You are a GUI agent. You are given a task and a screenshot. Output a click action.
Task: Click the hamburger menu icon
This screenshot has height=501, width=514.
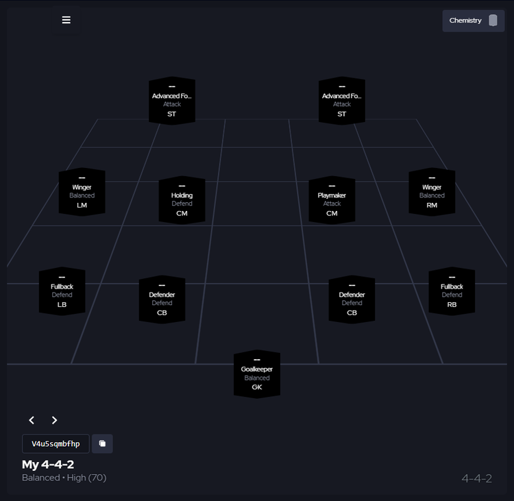click(66, 20)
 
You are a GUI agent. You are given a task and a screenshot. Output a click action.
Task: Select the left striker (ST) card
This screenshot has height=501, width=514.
click(172, 101)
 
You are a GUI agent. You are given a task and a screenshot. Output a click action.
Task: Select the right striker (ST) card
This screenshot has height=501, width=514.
click(342, 101)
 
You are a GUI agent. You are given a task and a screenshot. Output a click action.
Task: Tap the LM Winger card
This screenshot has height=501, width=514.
click(82, 192)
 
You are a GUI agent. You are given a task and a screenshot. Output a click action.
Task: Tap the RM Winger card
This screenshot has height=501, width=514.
click(432, 192)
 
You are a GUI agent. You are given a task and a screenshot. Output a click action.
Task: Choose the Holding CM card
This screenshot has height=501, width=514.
click(182, 200)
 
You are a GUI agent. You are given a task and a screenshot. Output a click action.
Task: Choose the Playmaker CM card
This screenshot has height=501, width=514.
click(332, 200)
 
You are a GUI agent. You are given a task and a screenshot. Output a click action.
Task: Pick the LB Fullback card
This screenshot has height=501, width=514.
click(62, 291)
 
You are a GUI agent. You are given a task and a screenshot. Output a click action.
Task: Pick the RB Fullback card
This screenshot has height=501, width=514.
click(452, 291)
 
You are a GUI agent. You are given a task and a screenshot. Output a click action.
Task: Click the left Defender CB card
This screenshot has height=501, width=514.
click(162, 300)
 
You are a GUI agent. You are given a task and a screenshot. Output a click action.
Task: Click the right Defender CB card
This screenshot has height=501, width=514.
click(352, 300)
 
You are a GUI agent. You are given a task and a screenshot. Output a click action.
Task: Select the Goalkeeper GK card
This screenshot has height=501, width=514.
click(257, 374)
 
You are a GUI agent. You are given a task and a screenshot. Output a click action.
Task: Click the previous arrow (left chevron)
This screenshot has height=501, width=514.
click(32, 420)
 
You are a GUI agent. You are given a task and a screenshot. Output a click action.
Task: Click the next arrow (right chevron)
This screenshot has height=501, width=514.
click(55, 420)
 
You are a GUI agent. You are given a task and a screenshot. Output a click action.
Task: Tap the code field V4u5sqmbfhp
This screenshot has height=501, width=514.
click(56, 443)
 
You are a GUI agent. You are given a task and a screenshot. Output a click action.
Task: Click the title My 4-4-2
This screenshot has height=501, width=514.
click(48, 465)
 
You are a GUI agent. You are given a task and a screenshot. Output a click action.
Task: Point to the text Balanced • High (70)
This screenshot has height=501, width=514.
click(64, 478)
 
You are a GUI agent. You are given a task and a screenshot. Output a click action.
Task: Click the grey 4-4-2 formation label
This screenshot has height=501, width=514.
click(476, 478)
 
